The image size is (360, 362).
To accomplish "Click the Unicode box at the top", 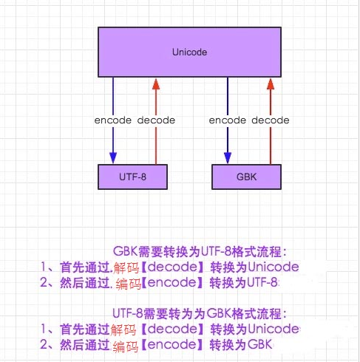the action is point(189,52).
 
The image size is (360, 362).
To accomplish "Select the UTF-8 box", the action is point(132,177).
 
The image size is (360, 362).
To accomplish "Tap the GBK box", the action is point(246,177).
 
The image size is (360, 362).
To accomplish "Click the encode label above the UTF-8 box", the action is point(113,120).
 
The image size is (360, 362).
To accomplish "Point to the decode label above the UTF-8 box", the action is point(156,120).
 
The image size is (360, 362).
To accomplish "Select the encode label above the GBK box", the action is point(228,120).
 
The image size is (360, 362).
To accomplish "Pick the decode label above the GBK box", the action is point(271,120).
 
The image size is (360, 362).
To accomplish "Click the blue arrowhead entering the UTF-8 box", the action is point(113,158).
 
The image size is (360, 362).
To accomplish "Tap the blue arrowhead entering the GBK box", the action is point(228,158).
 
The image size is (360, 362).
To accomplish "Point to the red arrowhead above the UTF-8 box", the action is point(156,84).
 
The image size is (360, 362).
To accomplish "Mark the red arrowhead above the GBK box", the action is point(271,84).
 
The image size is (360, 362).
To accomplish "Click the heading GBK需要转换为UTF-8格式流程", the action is point(197,251).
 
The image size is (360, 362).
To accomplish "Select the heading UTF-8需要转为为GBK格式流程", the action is point(197,313).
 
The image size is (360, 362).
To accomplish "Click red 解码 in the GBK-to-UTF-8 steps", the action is point(126,268).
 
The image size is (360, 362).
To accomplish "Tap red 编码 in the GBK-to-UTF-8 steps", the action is point(129,284).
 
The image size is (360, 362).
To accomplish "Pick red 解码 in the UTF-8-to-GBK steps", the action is point(123,330).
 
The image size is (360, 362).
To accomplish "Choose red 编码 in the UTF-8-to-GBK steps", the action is point(126,346).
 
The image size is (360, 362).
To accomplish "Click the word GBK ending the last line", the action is point(259,344).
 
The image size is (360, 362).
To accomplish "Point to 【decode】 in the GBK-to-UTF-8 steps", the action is point(173,267).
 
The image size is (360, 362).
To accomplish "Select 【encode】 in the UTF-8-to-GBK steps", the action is point(172,344).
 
